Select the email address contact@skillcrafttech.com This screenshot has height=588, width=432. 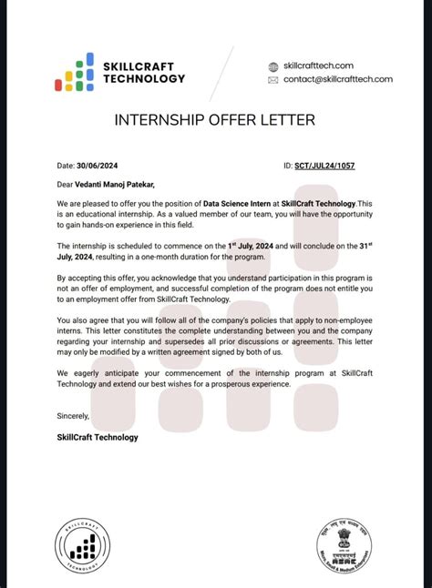(x=337, y=79)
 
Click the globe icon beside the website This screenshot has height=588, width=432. (x=273, y=66)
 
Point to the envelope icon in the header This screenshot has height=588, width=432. (x=273, y=80)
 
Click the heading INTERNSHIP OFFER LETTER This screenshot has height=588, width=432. (x=215, y=120)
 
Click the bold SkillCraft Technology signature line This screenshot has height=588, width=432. (x=98, y=437)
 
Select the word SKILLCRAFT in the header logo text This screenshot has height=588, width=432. (x=139, y=66)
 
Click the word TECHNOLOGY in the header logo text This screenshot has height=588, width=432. (x=144, y=79)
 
